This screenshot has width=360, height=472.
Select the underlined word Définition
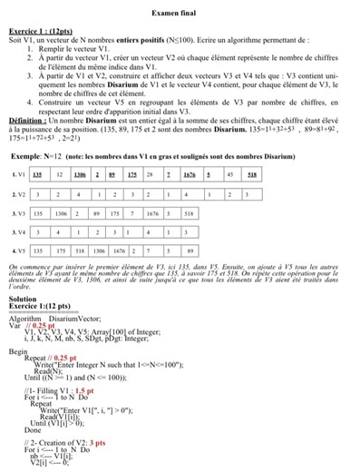tap(25, 118)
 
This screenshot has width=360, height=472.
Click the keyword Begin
tap(17, 349)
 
